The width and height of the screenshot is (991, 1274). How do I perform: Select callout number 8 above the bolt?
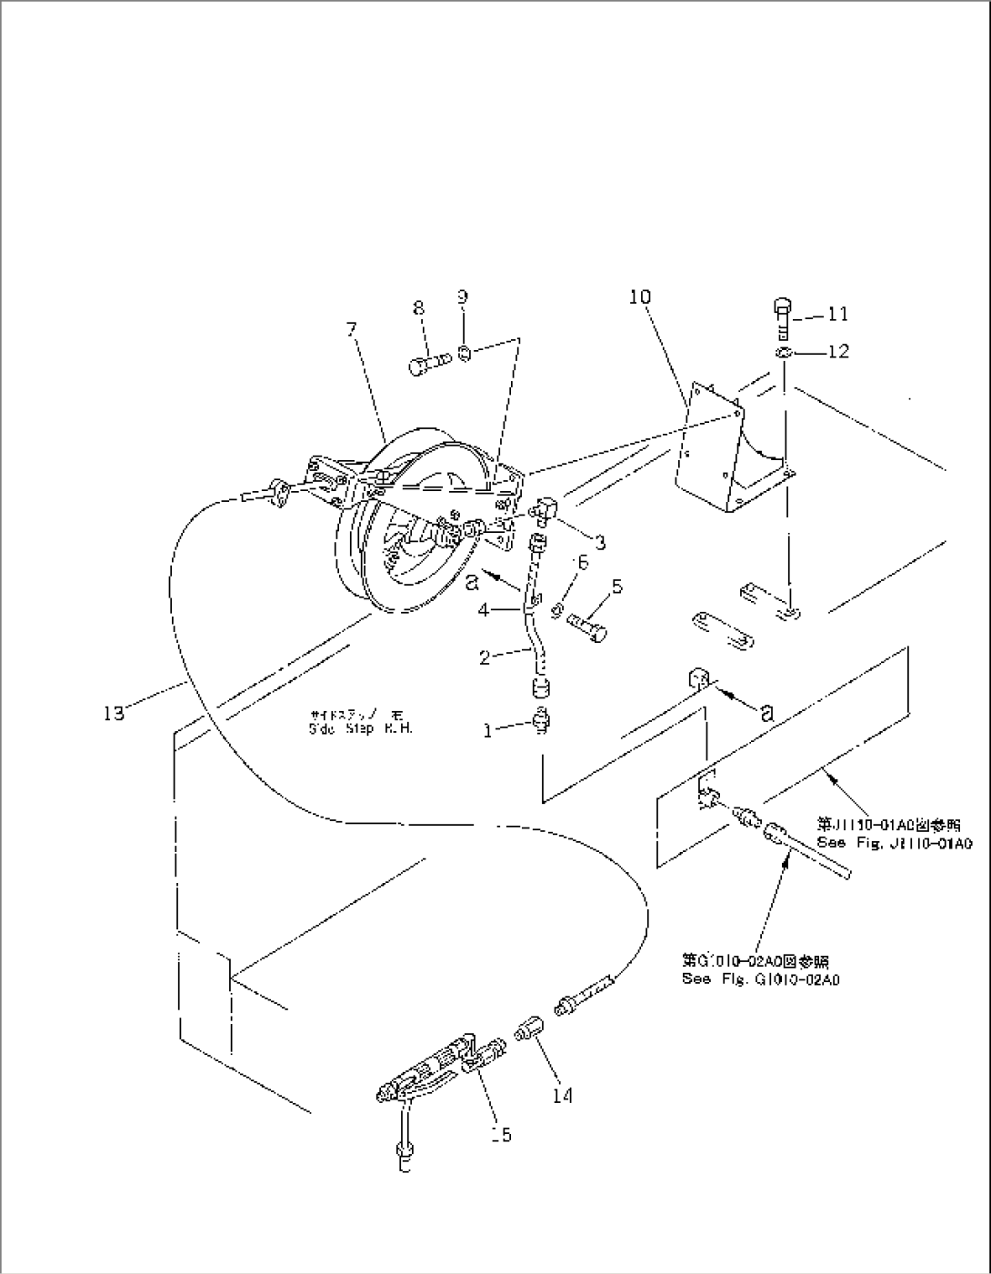click(x=418, y=308)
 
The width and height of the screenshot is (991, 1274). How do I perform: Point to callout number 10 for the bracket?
click(x=639, y=296)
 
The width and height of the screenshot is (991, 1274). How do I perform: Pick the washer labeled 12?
click(x=784, y=352)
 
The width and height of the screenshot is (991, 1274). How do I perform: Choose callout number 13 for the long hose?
click(x=114, y=714)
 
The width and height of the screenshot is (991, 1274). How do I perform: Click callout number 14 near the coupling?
click(x=563, y=1096)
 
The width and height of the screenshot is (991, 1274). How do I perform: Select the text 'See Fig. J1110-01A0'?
click(x=895, y=843)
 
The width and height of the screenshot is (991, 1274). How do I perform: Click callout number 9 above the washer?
click(x=463, y=296)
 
